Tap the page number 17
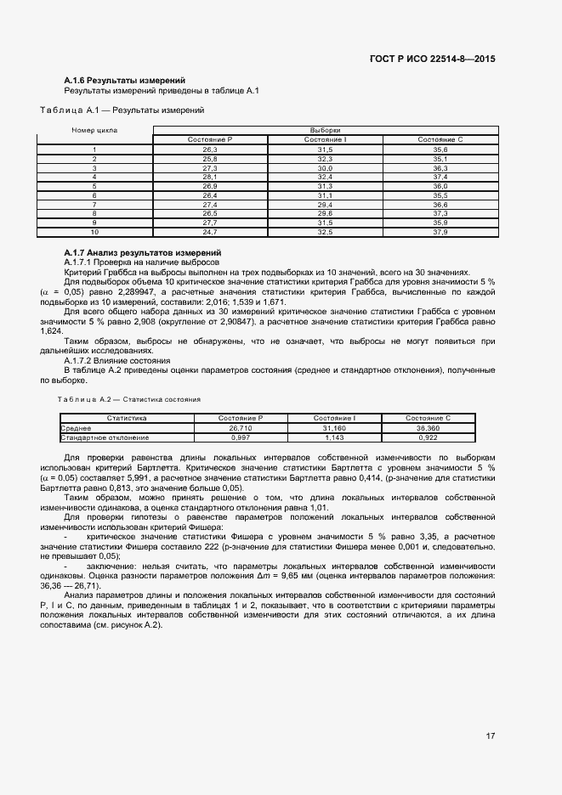click(x=491, y=736)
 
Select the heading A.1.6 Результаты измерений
click(x=118, y=80)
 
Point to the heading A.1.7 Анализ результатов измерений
click(x=142, y=253)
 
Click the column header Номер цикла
click(x=94, y=130)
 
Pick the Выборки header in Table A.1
click(x=325, y=130)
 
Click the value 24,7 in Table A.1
click(x=210, y=231)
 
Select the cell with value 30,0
click(x=325, y=168)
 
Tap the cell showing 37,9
click(x=440, y=231)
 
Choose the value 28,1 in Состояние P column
click(x=210, y=177)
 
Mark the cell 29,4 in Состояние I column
click(x=325, y=204)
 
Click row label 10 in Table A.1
click(x=94, y=231)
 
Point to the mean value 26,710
click(x=241, y=428)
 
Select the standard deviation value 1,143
click(x=334, y=437)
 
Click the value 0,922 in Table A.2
click(x=428, y=437)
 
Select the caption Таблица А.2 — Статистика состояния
click(x=129, y=398)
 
